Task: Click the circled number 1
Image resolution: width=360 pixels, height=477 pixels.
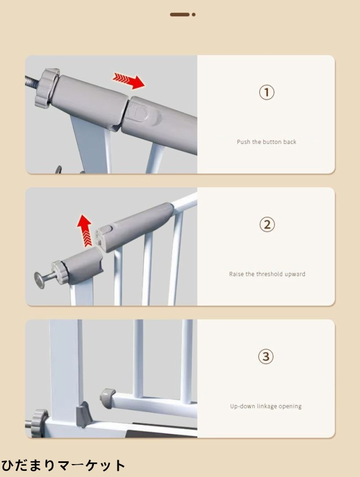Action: click(x=267, y=92)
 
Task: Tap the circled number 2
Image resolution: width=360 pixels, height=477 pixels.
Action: click(x=267, y=224)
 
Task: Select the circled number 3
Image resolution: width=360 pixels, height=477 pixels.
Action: click(x=266, y=356)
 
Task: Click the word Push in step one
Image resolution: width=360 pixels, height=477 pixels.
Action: click(x=244, y=142)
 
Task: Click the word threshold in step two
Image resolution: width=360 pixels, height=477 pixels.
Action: click(x=269, y=274)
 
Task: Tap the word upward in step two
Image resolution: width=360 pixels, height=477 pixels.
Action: click(x=295, y=274)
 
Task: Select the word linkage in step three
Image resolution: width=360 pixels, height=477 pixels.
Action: click(x=267, y=407)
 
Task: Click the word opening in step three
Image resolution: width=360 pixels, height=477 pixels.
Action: click(x=290, y=407)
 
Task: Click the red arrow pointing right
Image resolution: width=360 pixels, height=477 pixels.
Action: click(x=129, y=80)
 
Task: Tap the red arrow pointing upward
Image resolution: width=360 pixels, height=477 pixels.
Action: click(x=85, y=230)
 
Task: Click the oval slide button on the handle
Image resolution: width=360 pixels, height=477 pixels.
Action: click(x=138, y=111)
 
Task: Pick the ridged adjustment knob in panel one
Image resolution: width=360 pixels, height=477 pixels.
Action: click(x=47, y=88)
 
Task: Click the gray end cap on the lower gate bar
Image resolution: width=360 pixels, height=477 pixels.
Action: click(x=107, y=398)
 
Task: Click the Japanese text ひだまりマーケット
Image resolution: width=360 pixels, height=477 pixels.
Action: click(x=63, y=465)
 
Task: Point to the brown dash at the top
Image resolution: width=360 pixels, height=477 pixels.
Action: click(x=179, y=14)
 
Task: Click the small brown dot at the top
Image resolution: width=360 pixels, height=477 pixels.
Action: click(x=193, y=14)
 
